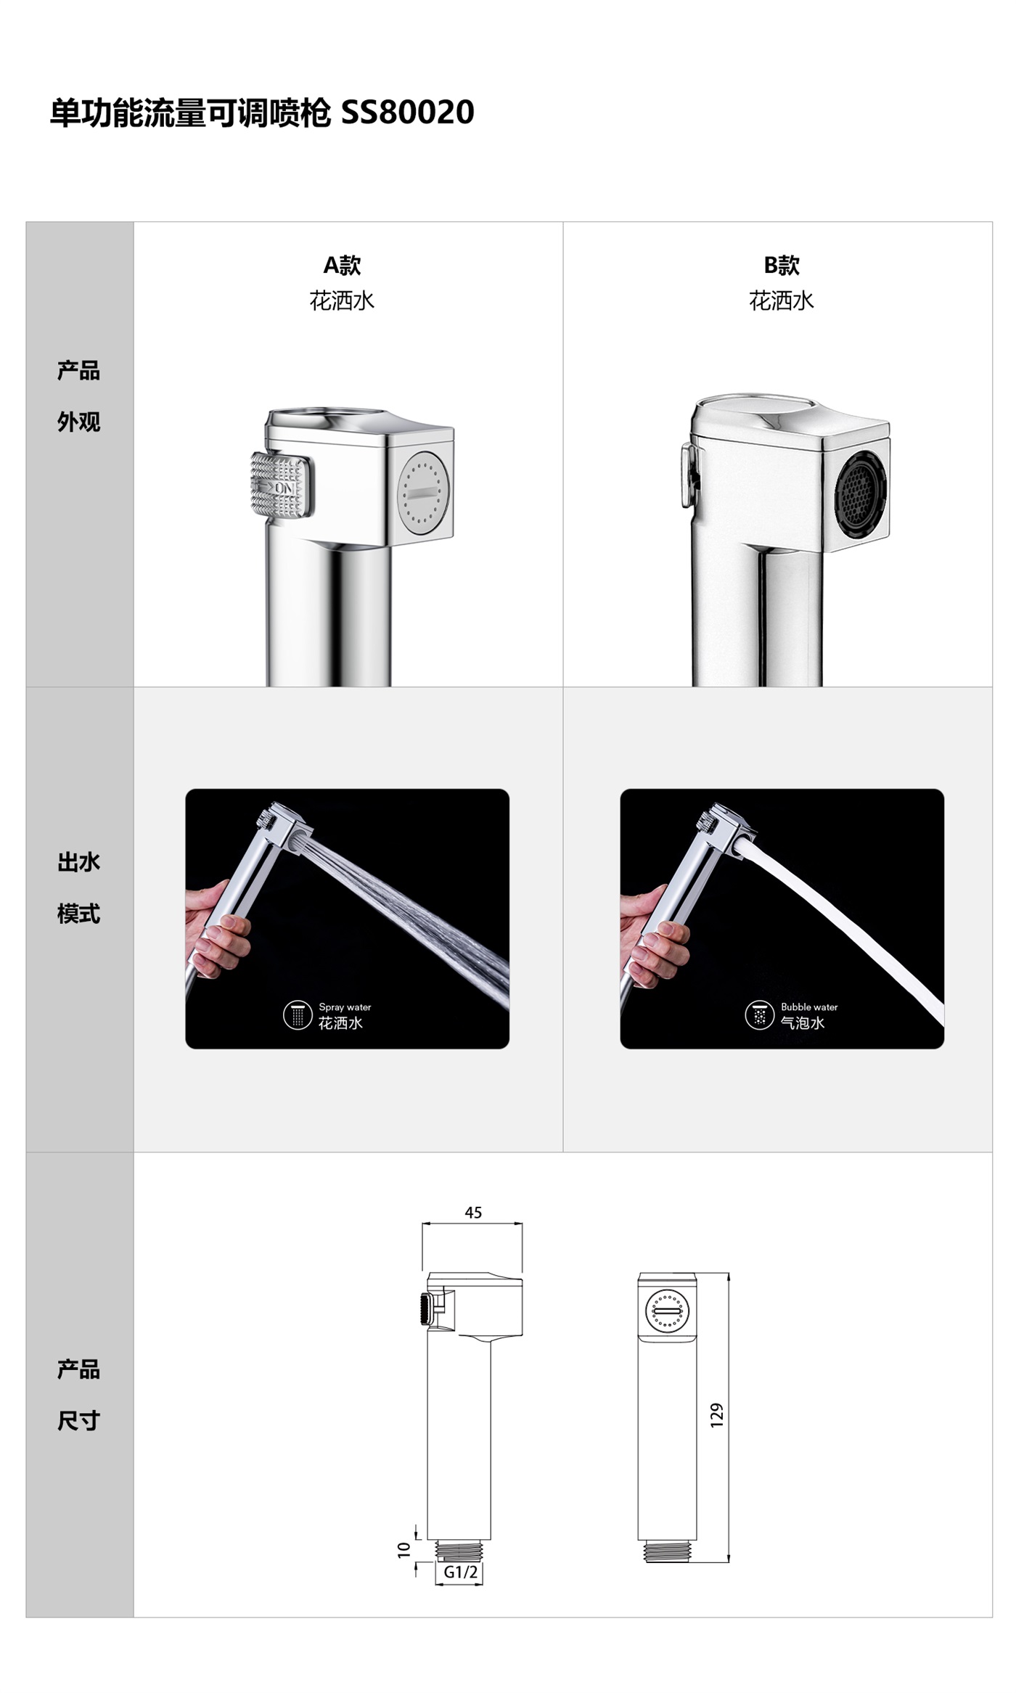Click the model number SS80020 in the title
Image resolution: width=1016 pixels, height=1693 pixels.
coord(407,112)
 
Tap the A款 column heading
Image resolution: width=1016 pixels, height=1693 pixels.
coord(342,265)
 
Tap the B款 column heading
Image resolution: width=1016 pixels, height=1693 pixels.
coord(782,265)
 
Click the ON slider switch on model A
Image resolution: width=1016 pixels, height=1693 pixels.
coord(282,484)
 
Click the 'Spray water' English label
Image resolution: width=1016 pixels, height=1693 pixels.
coord(345,1007)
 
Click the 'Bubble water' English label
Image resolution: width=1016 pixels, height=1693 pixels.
coord(809,1007)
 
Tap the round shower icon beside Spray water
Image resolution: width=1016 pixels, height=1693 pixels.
coord(298,1014)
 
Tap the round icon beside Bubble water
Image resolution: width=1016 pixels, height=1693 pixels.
coord(760,1014)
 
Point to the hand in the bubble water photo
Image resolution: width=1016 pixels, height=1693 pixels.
coord(652,936)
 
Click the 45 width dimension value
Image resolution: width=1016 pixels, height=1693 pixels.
coord(473,1213)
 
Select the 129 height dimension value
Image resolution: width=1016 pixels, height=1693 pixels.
coord(717,1415)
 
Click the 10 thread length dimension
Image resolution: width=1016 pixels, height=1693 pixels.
coord(404,1549)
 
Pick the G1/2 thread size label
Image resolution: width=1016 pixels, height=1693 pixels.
coord(461,1572)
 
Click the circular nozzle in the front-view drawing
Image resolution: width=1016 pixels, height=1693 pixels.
coord(667,1311)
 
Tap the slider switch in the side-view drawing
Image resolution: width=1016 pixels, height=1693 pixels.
coord(425,1309)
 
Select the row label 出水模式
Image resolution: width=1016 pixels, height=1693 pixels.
coord(78,888)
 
